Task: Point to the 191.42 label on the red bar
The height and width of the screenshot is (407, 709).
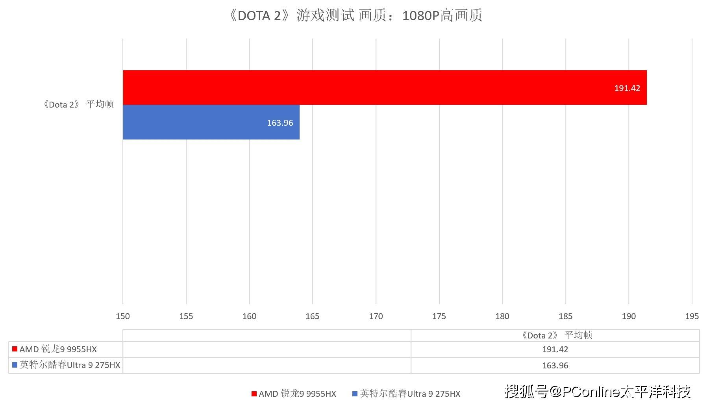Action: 627,88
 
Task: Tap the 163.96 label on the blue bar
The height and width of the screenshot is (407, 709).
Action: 280,123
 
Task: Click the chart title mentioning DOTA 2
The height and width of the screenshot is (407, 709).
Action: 355,16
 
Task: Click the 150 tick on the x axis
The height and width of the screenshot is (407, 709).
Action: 123,316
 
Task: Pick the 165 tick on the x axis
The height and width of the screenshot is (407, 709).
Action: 313,316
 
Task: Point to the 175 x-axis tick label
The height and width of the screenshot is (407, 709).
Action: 439,316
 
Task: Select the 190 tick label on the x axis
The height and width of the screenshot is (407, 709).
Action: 629,316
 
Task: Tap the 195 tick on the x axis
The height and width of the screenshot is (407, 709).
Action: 692,316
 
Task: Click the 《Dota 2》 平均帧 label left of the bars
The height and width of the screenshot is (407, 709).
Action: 78,104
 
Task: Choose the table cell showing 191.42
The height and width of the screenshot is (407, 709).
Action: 555,349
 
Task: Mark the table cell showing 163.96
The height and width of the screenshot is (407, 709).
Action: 555,366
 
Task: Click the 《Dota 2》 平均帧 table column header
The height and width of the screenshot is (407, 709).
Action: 556,335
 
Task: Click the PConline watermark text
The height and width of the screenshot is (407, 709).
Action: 598,392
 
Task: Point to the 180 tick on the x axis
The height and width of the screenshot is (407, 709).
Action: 502,316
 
